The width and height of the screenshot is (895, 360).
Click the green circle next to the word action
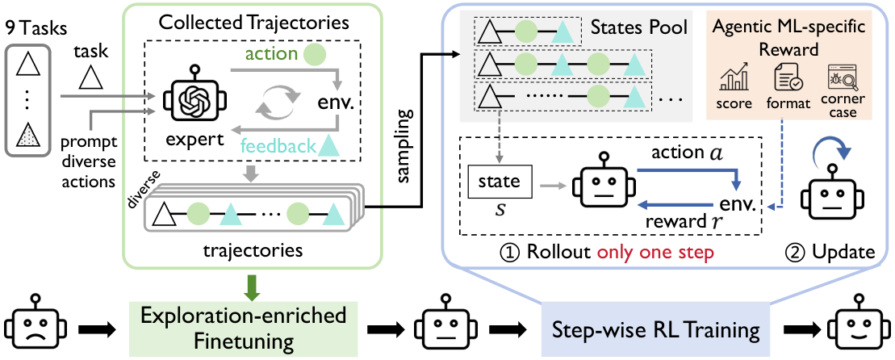coord(315,55)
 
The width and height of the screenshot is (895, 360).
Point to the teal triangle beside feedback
coord(329,145)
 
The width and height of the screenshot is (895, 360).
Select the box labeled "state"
coord(500,182)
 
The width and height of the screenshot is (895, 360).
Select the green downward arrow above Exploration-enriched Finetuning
coord(251,287)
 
